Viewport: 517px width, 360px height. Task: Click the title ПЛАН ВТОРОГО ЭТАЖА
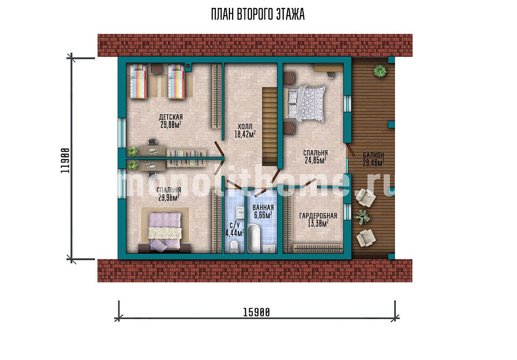[258, 15]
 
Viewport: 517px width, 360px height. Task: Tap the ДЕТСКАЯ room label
[171, 117]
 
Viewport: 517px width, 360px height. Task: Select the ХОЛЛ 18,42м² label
[245, 130]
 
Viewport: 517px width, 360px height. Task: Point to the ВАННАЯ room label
[263, 208]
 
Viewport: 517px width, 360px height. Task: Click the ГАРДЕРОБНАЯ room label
[318, 216]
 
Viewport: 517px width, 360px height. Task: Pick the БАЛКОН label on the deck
[374, 155]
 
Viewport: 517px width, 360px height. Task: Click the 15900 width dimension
[256, 312]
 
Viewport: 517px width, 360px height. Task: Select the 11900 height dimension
[65, 160]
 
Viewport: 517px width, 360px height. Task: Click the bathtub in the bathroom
[254, 238]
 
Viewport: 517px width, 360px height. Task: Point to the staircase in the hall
[270, 126]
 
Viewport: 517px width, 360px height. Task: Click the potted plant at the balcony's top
[380, 70]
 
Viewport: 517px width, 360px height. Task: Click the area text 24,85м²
[316, 160]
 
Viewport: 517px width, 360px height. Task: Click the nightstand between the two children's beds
[157, 68]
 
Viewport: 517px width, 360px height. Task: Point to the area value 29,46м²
[374, 163]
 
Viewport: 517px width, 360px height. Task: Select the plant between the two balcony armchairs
[362, 217]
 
